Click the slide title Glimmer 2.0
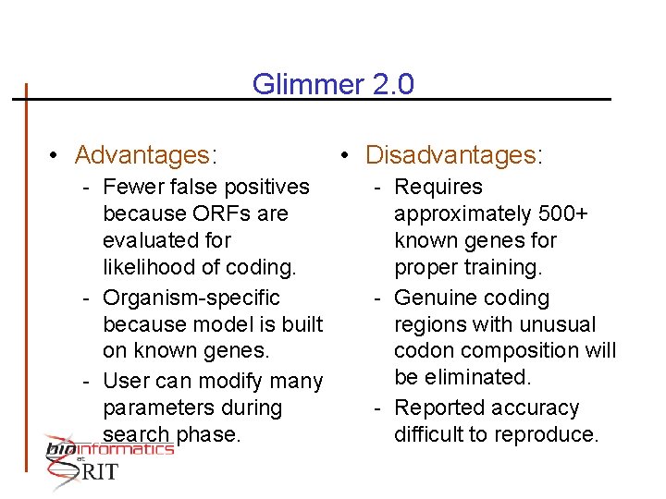pyautogui.click(x=333, y=85)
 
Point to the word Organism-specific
pyautogui.click(x=191, y=298)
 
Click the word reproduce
pyautogui.click(x=551, y=434)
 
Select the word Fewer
pyautogui.click(x=133, y=187)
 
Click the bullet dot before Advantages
pyautogui.click(x=56, y=155)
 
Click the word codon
pyautogui.click(x=424, y=351)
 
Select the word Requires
pyautogui.click(x=438, y=187)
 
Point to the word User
pyautogui.click(x=126, y=381)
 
